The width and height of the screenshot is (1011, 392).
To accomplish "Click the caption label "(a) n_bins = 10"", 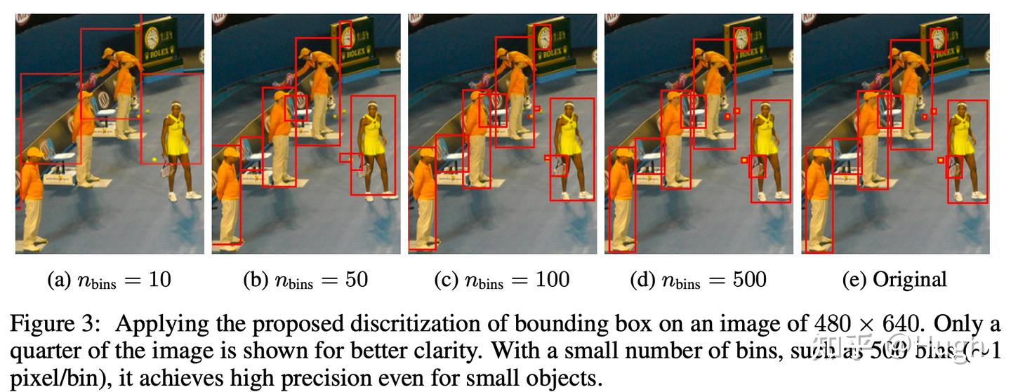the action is (109, 280).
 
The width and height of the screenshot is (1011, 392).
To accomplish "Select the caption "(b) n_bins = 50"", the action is (305, 280).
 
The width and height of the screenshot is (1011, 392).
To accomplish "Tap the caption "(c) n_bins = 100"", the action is (502, 280).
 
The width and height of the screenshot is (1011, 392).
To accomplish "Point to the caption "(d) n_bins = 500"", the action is (699, 280).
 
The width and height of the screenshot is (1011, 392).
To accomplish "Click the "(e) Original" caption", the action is (894, 279).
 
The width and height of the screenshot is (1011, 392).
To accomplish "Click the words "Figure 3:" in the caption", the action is (55, 324).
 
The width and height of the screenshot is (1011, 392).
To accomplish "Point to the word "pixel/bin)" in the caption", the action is (48, 379).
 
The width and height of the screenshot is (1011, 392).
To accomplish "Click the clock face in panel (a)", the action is (152, 39).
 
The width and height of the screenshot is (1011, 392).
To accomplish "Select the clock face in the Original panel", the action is (938, 39).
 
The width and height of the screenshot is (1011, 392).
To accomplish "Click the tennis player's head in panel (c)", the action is (567, 109).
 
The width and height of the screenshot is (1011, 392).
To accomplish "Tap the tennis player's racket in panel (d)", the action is (758, 168).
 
